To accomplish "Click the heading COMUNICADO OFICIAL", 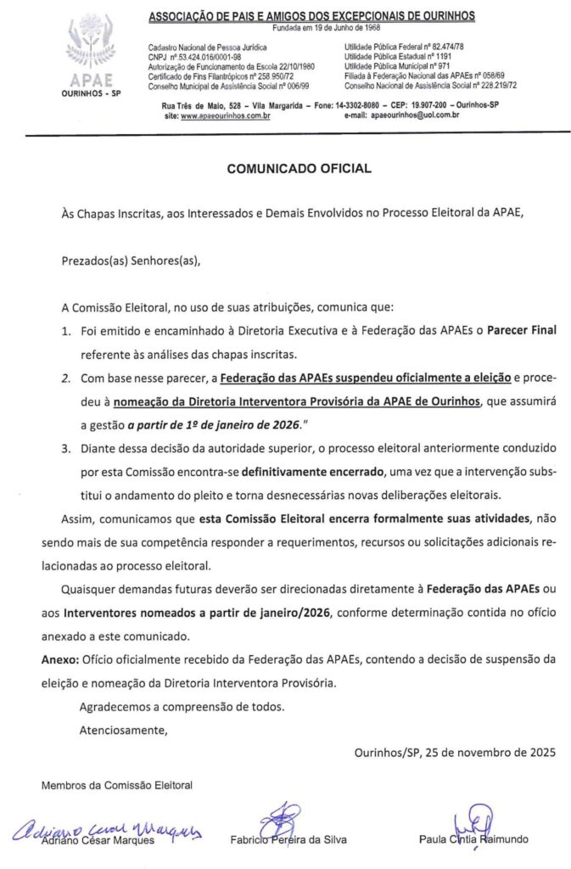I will (299, 169).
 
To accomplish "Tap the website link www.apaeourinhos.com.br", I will (225, 114).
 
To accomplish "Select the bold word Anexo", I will (59, 659).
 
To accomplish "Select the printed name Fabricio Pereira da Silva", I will (288, 840).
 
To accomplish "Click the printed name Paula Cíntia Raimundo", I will (473, 840).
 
